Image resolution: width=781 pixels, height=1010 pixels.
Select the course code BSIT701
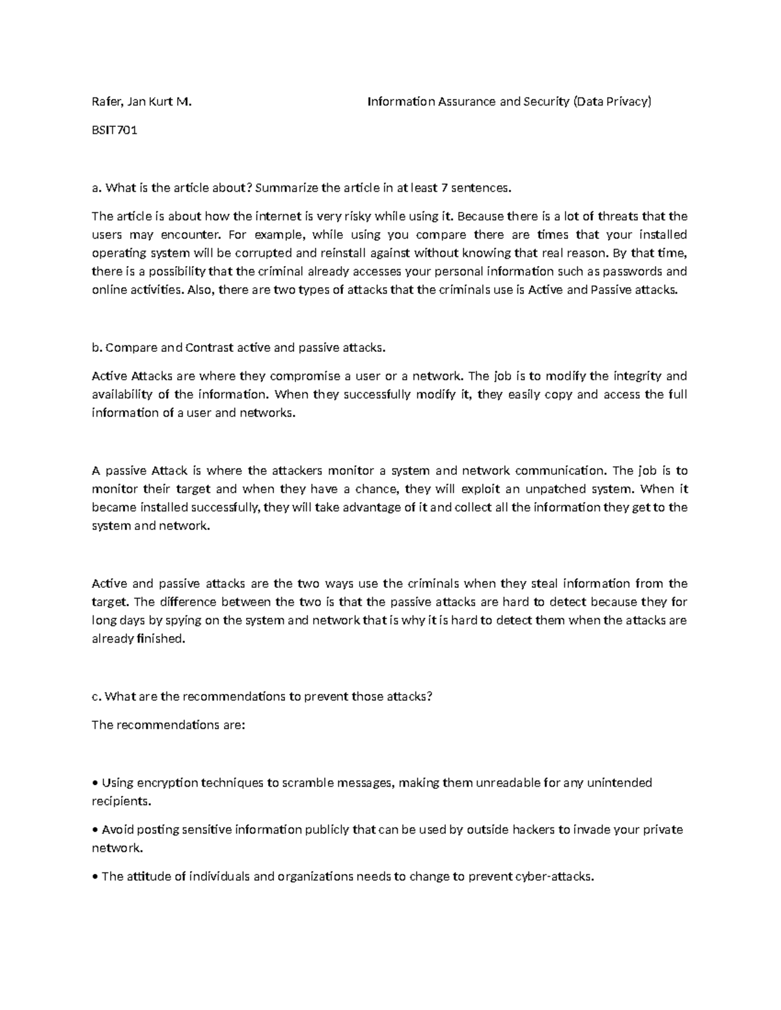tap(115, 130)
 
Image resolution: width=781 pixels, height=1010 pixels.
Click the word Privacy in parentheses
tap(627, 101)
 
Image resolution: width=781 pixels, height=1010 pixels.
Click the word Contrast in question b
tap(210, 347)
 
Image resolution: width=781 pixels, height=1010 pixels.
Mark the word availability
tap(122, 394)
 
